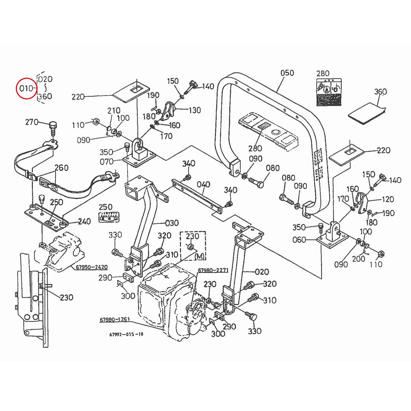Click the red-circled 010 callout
pos(26,88)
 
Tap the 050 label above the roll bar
pos(287,73)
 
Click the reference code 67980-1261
pos(115,320)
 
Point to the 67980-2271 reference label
pos(213,271)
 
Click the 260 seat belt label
pos(62,168)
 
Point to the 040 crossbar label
pos(203,185)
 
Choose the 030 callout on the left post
pos(172,223)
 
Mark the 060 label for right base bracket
pos(299,240)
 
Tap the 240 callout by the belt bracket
pos(84,221)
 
